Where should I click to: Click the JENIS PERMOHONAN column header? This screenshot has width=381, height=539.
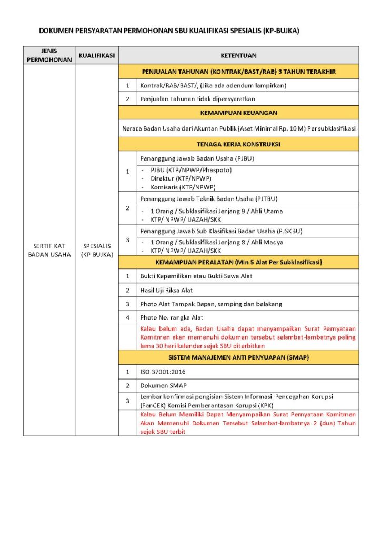(x=48, y=55)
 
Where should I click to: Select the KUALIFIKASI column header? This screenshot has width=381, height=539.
(x=96, y=55)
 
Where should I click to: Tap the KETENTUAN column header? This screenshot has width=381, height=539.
(x=238, y=55)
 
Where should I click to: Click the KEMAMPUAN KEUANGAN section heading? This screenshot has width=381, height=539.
(x=238, y=113)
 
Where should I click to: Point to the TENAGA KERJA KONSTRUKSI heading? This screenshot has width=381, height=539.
(x=238, y=144)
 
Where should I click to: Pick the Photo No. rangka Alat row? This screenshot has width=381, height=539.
(x=172, y=317)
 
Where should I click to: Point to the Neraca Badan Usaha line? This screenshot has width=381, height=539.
(x=238, y=128)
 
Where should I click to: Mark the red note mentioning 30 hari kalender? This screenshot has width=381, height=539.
(x=247, y=337)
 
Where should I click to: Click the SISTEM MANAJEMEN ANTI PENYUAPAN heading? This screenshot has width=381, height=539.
(x=238, y=357)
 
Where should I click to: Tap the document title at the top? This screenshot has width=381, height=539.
(x=169, y=31)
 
